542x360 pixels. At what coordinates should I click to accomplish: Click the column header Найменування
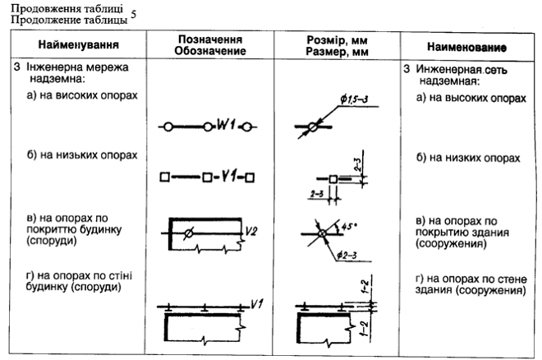tap(78, 45)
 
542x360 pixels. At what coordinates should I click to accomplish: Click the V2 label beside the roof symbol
tap(252, 232)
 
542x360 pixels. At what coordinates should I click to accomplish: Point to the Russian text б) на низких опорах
tap(468, 156)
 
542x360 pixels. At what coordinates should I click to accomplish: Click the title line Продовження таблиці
tap(65, 7)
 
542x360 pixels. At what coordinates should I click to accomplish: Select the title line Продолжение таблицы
tap(65, 18)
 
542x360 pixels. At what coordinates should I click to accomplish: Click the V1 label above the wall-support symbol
tap(256, 302)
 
